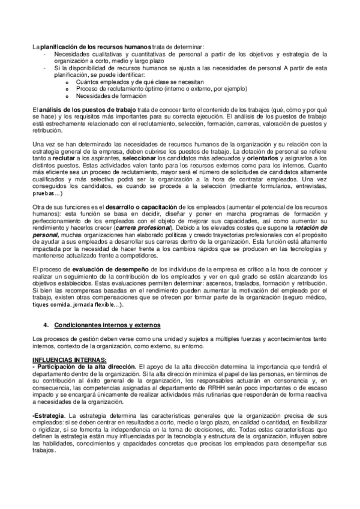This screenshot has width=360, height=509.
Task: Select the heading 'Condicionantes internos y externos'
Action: pyautogui.click(x=107, y=325)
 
